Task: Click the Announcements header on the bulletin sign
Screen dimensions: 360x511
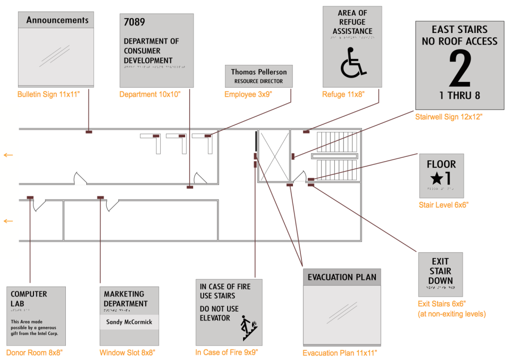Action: (x=57, y=20)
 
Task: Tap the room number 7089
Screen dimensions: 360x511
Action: (x=135, y=22)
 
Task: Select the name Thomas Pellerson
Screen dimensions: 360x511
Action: (x=258, y=72)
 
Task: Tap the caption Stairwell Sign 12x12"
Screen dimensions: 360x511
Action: (x=449, y=117)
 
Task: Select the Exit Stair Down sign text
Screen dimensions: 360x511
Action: (x=440, y=271)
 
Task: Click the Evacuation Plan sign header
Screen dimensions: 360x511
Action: (x=342, y=277)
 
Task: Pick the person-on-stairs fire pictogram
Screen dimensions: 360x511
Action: (x=248, y=328)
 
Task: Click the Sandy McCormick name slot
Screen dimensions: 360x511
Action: (x=129, y=322)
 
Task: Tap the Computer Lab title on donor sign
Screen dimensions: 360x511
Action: (x=29, y=299)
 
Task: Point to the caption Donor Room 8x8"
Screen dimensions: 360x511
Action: (x=34, y=353)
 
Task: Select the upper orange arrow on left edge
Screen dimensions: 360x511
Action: (x=8, y=155)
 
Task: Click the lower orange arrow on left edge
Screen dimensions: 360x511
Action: (x=8, y=221)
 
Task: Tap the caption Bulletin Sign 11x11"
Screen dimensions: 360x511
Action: (x=48, y=94)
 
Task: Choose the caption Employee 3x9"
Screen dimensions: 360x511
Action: (x=248, y=94)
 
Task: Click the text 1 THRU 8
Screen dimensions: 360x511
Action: (x=459, y=95)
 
